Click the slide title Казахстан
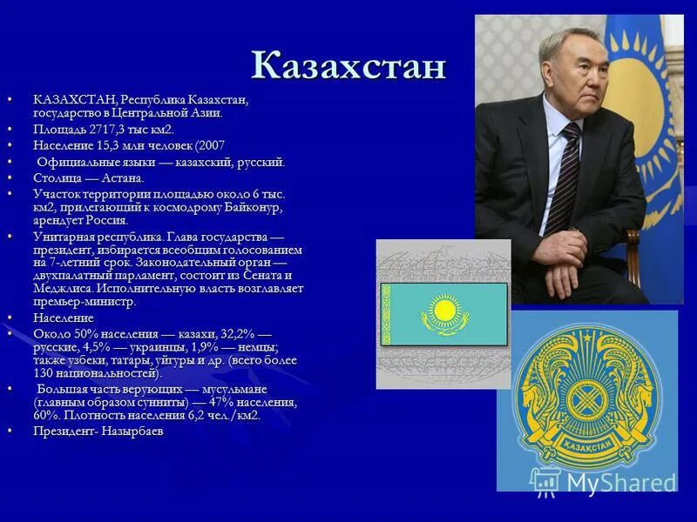point(348,66)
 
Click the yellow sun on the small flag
point(444,310)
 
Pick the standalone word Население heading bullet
point(64,318)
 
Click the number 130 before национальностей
point(45,372)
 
